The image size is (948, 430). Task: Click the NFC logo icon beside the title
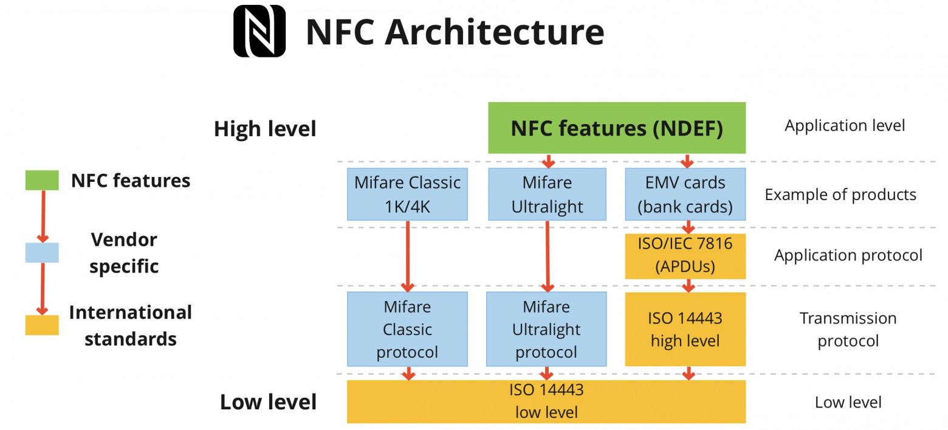click(259, 31)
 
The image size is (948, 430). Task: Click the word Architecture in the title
click(495, 32)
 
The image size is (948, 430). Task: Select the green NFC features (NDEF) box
click(617, 128)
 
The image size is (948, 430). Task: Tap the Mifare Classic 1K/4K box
click(407, 194)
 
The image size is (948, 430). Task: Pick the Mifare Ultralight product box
click(547, 194)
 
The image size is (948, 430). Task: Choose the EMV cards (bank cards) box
click(685, 194)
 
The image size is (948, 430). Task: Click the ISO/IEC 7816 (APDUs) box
click(685, 256)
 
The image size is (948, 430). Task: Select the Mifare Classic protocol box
click(407, 329)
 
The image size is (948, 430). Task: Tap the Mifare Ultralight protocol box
click(546, 329)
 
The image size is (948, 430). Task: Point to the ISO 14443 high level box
click(685, 329)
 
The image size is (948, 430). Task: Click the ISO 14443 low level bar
click(546, 401)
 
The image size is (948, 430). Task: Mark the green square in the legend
click(42, 181)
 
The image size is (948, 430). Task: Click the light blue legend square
click(42, 252)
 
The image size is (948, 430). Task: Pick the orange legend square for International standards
click(42, 325)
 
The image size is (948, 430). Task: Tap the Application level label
click(845, 126)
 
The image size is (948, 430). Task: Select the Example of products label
click(840, 195)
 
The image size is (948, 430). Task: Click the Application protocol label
click(848, 255)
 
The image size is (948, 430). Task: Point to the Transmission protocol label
click(848, 329)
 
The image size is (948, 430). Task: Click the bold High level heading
click(265, 129)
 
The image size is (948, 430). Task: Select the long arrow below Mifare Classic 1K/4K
click(408, 255)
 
